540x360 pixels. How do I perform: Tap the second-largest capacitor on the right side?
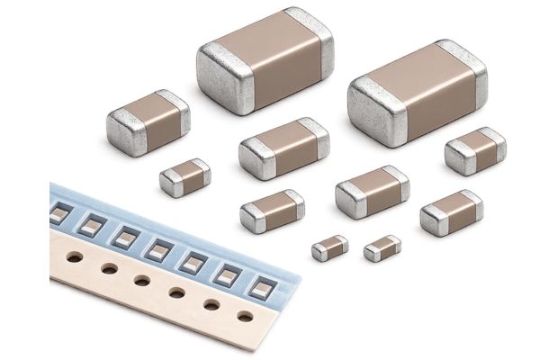click(417, 93)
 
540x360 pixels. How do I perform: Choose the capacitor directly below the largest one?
click(283, 147)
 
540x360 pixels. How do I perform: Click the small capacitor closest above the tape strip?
click(185, 177)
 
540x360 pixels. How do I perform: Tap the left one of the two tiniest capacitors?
click(330, 247)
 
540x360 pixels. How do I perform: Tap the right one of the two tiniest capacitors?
click(382, 247)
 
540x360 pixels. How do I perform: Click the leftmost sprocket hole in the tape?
click(75, 256)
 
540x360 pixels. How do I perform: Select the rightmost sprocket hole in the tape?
click(245, 316)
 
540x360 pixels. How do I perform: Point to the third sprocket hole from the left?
click(142, 280)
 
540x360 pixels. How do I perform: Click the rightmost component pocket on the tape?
click(259, 287)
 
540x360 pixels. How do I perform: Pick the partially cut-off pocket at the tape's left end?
click(59, 213)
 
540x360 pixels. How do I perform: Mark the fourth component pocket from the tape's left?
click(159, 249)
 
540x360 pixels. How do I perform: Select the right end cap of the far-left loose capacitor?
click(176, 113)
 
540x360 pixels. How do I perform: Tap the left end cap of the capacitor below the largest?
click(256, 159)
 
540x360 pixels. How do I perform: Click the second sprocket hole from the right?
click(211, 304)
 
